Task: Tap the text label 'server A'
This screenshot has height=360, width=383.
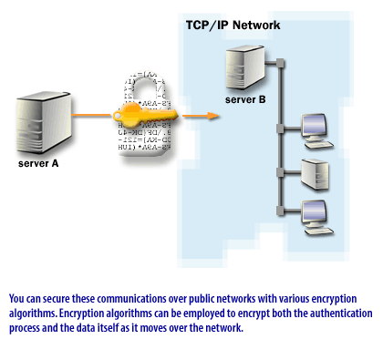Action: point(38,164)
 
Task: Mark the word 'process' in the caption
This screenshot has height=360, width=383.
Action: point(27,326)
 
